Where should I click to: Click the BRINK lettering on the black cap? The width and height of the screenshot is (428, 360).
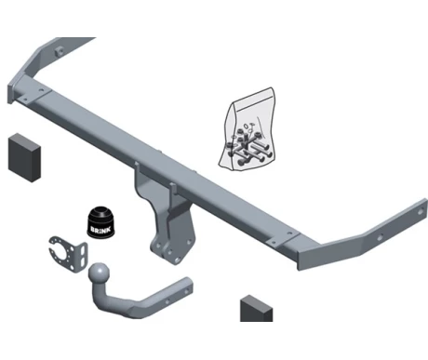(x=98, y=230)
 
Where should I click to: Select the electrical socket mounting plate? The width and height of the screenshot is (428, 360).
(x=68, y=254)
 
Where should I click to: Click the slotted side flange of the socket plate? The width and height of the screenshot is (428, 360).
(x=82, y=257)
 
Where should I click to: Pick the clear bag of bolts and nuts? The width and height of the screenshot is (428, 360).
(x=247, y=129)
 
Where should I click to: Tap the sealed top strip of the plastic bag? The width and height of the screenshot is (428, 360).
(x=253, y=95)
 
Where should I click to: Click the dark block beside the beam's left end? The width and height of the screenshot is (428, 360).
(x=24, y=157)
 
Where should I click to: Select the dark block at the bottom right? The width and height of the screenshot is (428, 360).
(x=256, y=309)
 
